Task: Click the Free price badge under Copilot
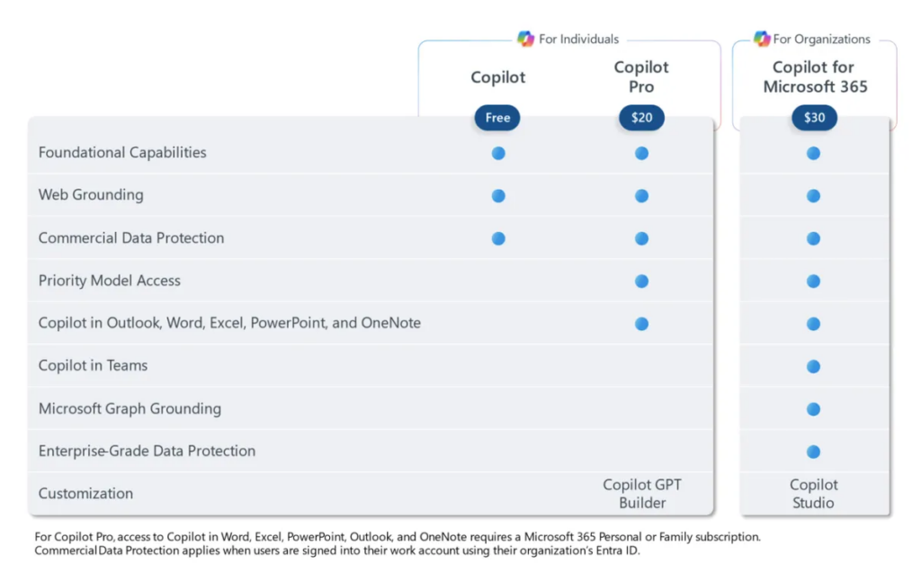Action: [x=497, y=118]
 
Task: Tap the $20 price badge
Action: [x=641, y=118]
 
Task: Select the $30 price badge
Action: [x=814, y=118]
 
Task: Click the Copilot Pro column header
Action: [x=641, y=77]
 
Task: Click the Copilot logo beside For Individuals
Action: [x=525, y=39]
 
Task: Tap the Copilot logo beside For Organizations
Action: [x=762, y=39]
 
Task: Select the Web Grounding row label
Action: [x=91, y=195]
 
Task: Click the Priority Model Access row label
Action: [x=110, y=281]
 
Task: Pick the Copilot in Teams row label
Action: [x=93, y=366]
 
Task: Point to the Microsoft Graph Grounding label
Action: [x=130, y=408]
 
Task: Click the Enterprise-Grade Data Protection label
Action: [x=147, y=451]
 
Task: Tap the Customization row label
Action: [x=85, y=494]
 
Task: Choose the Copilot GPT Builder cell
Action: [x=641, y=494]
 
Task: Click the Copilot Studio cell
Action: [x=814, y=494]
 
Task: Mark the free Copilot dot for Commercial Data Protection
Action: [x=498, y=238]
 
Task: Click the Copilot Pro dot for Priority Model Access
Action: [x=641, y=281]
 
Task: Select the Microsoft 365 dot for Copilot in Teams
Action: [x=814, y=366]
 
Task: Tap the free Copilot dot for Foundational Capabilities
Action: [x=498, y=153]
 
